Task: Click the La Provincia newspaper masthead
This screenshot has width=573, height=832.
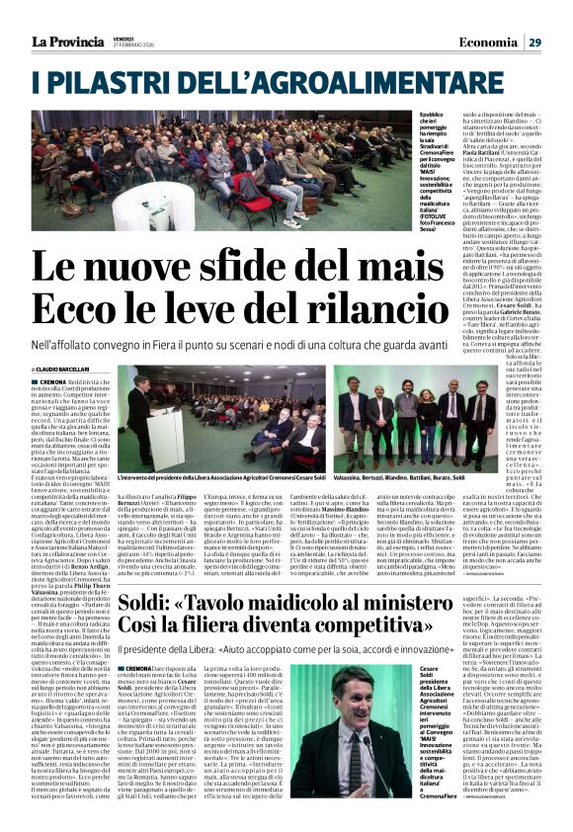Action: [68, 41]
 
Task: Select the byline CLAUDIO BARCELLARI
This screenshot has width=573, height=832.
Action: [63, 370]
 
